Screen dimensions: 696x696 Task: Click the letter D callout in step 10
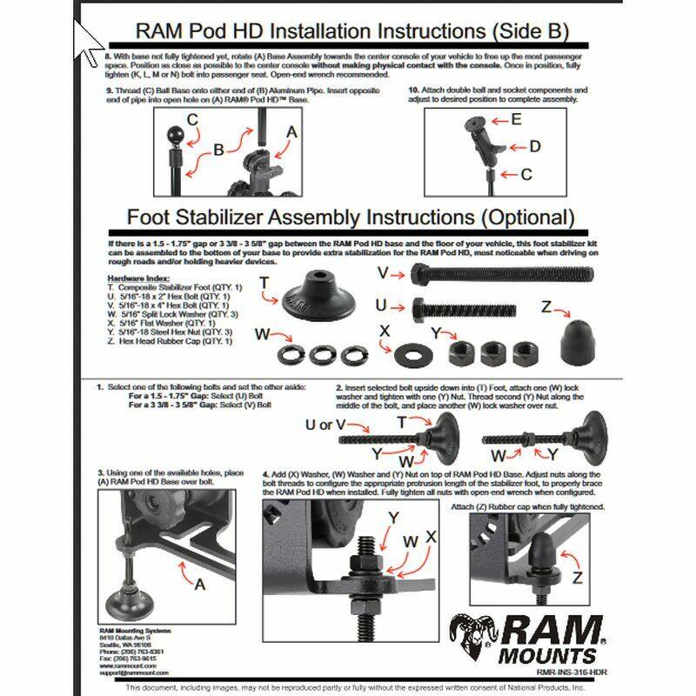click(x=535, y=146)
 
